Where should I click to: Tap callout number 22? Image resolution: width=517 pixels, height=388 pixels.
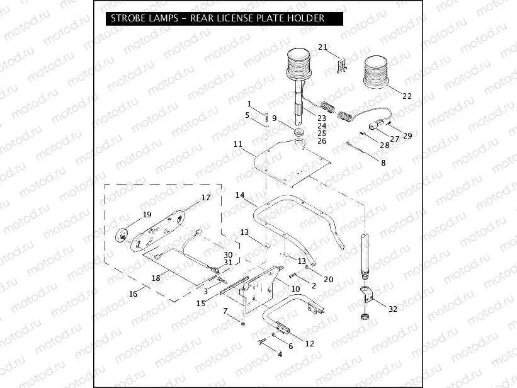coord(407,96)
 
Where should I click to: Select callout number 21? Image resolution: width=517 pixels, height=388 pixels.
coord(322,47)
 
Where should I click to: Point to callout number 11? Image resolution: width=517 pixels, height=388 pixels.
coord(237,144)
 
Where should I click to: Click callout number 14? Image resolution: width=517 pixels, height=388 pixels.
coord(240,195)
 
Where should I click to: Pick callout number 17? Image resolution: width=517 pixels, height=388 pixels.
coord(205,197)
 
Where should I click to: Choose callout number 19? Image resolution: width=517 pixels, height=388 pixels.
coord(147,214)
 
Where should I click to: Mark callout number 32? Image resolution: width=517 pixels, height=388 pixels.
coord(394,309)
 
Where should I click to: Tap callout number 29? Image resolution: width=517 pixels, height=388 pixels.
coord(407,136)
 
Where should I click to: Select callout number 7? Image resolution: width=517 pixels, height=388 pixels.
coord(225,311)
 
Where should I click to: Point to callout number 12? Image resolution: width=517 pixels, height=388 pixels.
coord(309,343)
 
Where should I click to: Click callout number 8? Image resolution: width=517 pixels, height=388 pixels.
coord(383,163)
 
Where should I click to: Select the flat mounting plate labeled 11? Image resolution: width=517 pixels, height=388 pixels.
coord(296,167)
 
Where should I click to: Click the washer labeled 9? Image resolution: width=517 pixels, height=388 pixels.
coord(298,132)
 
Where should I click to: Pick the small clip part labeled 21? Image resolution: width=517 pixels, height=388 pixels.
coord(343,64)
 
